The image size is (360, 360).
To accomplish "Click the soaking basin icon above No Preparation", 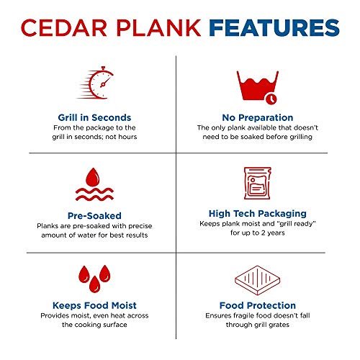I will coord(256,86).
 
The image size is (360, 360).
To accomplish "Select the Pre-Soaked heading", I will coord(94,214).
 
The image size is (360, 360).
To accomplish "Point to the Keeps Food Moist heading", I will coord(94,305).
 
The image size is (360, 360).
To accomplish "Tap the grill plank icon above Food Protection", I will coord(256,277).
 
